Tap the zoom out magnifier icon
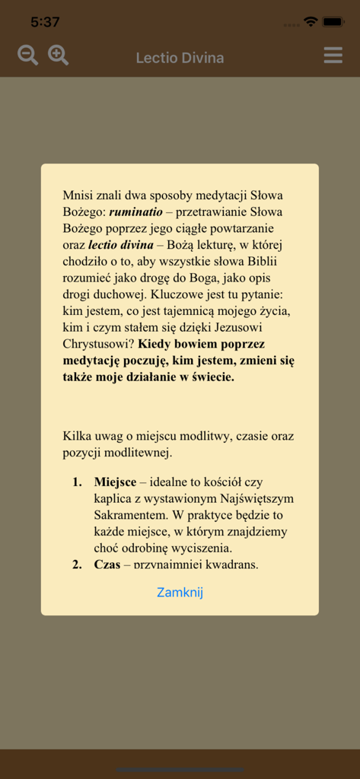pos(27,56)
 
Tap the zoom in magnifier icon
pos(59,56)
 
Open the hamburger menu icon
pos(333,56)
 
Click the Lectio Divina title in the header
pos(180,58)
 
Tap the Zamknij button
pos(180,592)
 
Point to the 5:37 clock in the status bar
pos(45,22)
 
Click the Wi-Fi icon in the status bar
pos(310,22)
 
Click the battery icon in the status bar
pos(333,22)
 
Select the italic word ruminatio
pos(135,211)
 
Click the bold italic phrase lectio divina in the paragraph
pos(120,245)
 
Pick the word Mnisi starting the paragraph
pos(78,195)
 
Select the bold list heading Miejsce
pos(115,482)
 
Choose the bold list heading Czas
pos(107,564)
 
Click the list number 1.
pos(76,482)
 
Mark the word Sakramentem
pos(129,515)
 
